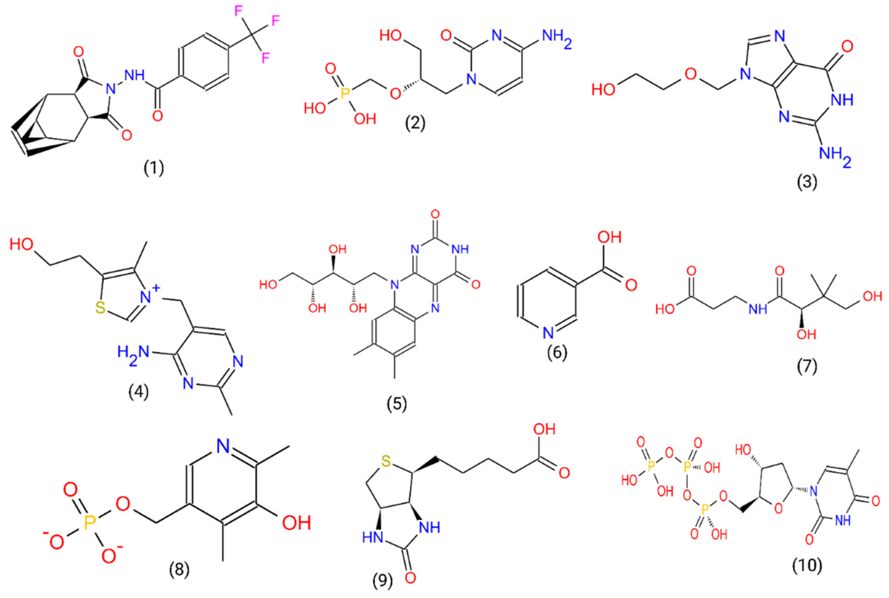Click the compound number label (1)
click(x=154, y=168)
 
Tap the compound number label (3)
click(x=807, y=183)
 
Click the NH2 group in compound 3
click(x=833, y=157)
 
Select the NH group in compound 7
click(x=758, y=308)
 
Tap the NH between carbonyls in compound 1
click(x=134, y=75)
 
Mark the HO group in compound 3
click(x=603, y=90)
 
